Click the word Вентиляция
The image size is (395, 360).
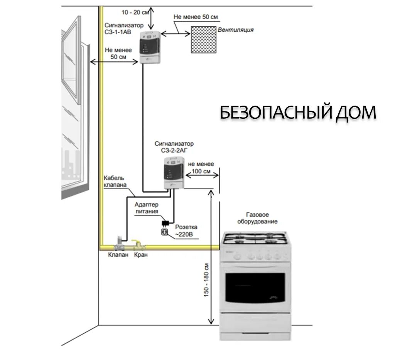(236, 30)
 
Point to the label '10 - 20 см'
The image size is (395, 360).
(135, 12)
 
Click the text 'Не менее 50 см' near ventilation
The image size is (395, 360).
(196, 17)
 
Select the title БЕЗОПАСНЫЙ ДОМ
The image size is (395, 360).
(298, 113)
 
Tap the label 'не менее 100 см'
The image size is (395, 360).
(201, 168)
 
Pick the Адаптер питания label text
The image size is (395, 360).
(147, 208)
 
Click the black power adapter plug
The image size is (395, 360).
(165, 223)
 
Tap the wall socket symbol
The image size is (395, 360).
(165, 232)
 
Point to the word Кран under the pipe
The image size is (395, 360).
(141, 255)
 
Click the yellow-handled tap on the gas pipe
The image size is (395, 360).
(136, 244)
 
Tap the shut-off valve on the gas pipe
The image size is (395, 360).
(119, 244)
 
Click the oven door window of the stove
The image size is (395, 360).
(255, 287)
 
